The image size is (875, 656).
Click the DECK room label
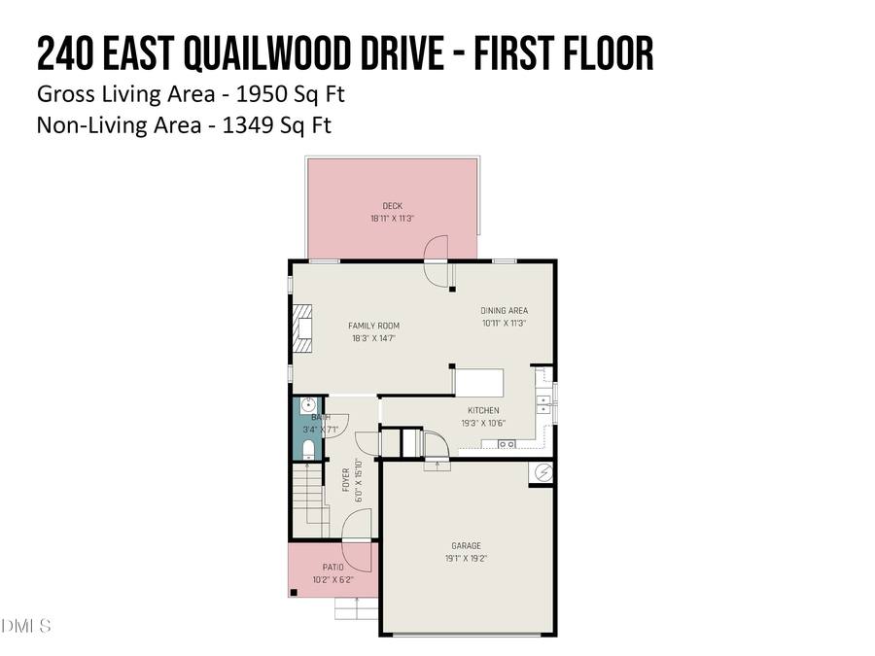point(392,206)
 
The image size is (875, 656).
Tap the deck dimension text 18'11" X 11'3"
point(392,219)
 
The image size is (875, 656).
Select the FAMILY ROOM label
point(374,326)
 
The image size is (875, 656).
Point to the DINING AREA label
point(504,311)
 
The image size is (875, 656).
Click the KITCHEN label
point(483,410)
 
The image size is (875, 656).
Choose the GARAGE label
point(466,546)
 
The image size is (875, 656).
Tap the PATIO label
point(332,568)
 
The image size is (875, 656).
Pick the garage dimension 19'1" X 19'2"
point(466,559)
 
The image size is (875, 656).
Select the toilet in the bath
point(307,449)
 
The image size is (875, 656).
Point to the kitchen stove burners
point(507,444)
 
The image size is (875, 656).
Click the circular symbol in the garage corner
point(542,473)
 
